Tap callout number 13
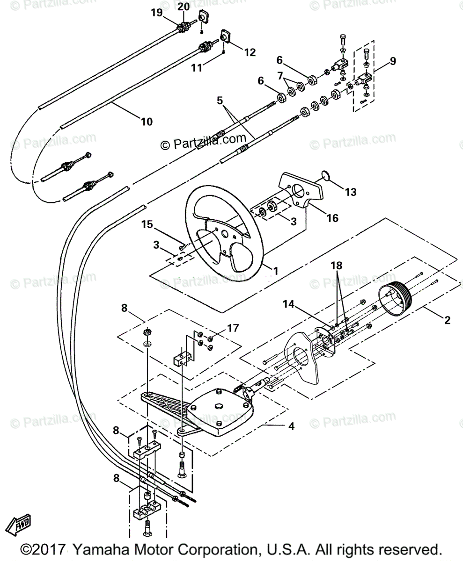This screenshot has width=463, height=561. point(351,192)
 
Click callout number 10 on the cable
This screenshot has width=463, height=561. point(147,122)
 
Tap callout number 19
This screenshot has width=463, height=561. point(156,13)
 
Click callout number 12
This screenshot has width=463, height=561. point(250,52)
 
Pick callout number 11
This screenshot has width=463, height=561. point(197,68)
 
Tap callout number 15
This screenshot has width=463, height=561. point(147,224)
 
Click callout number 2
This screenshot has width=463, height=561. point(447,320)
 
